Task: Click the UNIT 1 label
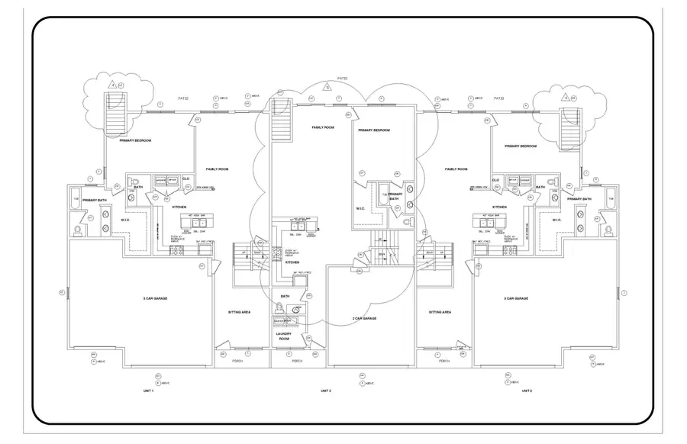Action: (147, 391)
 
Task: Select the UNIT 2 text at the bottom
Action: (325, 391)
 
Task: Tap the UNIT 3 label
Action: (526, 391)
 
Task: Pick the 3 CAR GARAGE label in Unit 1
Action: (155, 298)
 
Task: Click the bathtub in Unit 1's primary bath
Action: (76, 199)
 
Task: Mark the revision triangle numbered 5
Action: (327, 86)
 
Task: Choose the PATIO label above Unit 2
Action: (342, 78)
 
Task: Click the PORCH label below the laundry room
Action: (297, 361)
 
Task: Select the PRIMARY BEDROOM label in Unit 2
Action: (375, 130)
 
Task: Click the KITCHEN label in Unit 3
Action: (499, 207)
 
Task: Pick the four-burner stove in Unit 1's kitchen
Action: (174, 249)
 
